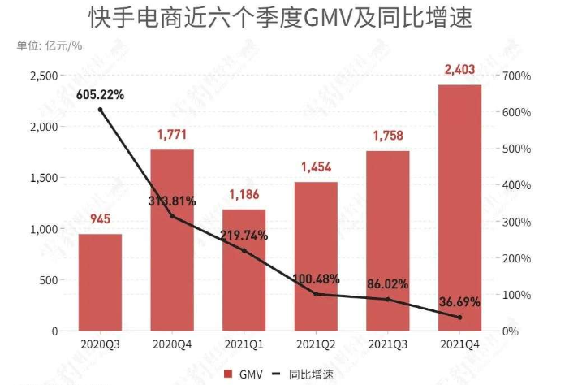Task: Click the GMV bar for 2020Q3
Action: [100, 282]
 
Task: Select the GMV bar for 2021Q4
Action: [459, 207]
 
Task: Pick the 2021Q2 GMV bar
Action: [316, 256]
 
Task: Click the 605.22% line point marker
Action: [100, 110]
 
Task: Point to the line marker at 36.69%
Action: [459, 318]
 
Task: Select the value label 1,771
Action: [171, 135]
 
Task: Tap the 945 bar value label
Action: [100, 219]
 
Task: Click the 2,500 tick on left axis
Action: [43, 76]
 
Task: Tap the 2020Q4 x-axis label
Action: [171, 344]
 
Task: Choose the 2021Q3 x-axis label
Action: [387, 344]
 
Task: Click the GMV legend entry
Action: [244, 373]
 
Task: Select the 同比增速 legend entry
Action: [307, 373]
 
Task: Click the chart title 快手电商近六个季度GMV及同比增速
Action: [291, 17]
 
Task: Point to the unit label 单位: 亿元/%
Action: [50, 45]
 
